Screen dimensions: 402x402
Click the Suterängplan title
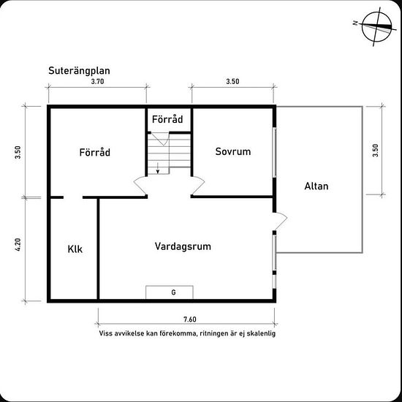tap(79, 71)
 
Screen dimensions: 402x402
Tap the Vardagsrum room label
tap(183, 246)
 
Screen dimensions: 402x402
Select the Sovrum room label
tap(233, 151)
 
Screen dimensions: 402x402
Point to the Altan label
tap(316, 186)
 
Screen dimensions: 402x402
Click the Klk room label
tap(75, 249)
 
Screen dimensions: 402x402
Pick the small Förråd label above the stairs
tap(167, 119)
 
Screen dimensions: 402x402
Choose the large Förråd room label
tap(95, 152)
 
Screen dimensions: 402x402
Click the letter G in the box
tap(173, 292)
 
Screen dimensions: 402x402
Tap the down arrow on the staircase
tap(158, 168)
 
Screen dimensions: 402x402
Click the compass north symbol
tap(377, 26)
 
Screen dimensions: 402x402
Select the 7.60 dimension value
tap(190, 319)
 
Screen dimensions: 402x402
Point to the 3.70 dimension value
tap(98, 82)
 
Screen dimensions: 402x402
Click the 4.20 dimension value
tap(18, 245)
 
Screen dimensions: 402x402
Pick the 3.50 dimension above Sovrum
tap(232, 82)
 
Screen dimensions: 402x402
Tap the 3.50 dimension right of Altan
tap(376, 151)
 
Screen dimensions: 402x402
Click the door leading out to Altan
tap(281, 220)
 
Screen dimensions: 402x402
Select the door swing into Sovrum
tap(198, 185)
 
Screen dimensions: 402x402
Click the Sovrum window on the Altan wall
tap(274, 152)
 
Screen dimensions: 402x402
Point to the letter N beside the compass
tap(355, 23)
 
